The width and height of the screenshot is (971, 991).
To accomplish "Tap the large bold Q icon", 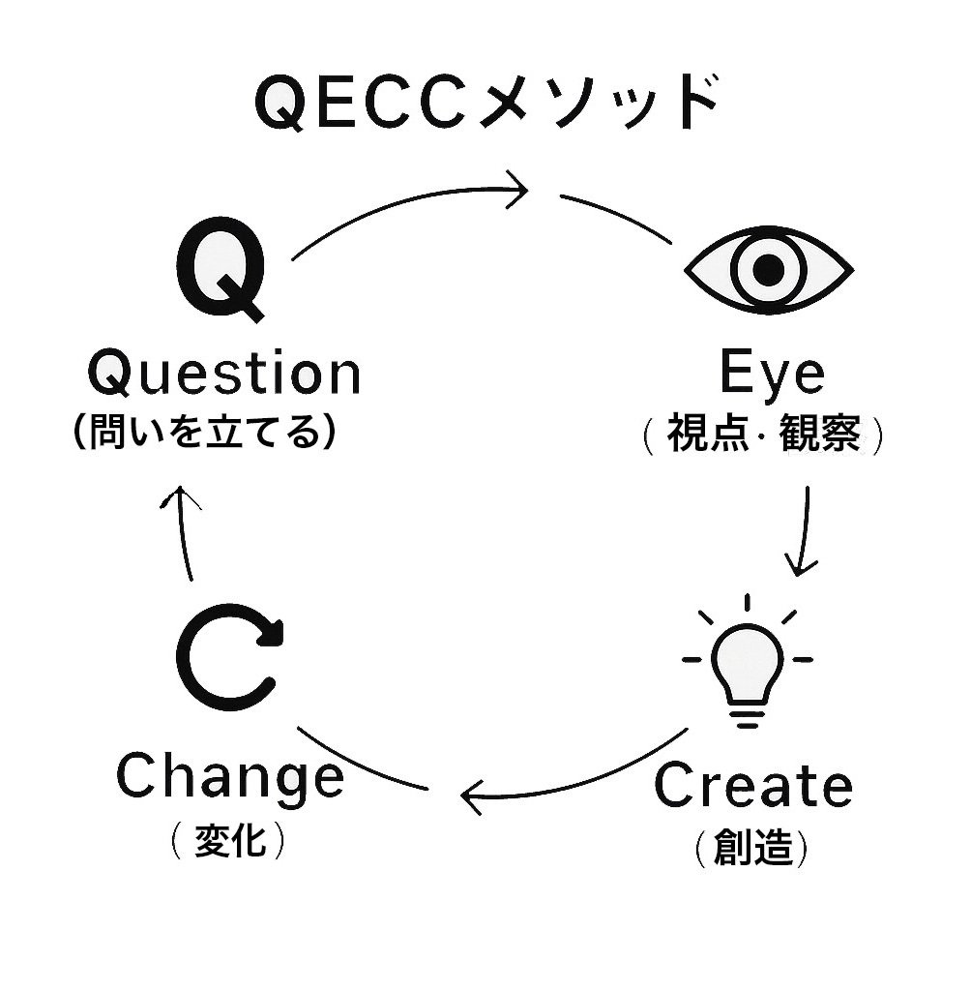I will click(x=221, y=270).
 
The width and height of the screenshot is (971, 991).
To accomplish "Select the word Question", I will click(x=224, y=375).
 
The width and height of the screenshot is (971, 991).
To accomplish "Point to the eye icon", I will click(x=769, y=268).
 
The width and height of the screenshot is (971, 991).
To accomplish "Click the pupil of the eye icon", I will click(x=769, y=269).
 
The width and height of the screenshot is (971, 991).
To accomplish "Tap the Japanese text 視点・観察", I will click(x=763, y=435).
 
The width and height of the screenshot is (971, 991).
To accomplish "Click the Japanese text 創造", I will click(x=751, y=848).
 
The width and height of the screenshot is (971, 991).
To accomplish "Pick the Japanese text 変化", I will click(x=229, y=838).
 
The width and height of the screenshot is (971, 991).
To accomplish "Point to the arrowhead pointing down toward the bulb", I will click(x=800, y=566).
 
